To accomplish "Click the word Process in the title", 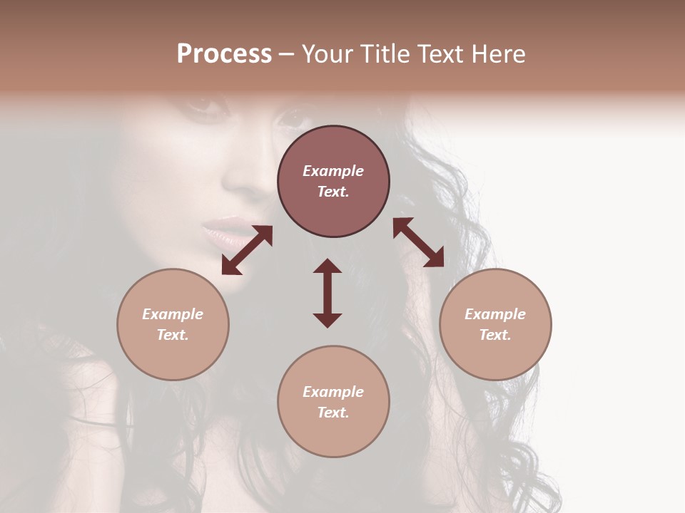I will pos(224,54).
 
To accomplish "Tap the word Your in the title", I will pos(329,54).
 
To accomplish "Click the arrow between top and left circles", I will pos(247,250).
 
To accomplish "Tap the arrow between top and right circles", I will pos(418,242).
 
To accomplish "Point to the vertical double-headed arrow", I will pos(328,293).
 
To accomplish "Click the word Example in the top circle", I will pos(333,171).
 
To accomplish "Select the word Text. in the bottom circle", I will pos(333,413).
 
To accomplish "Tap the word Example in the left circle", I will pos(173,314).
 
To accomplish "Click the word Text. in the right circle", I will pos(495,335).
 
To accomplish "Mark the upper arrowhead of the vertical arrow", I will pos(328,266).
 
